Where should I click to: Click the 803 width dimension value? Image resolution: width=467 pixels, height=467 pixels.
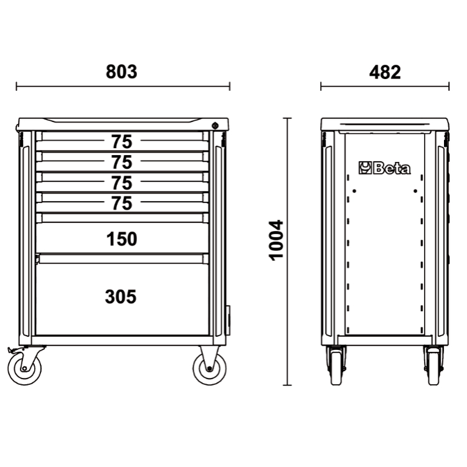tap(121, 72)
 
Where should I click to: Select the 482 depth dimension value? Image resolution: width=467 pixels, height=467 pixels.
tap(385, 72)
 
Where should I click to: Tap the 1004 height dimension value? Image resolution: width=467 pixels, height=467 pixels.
tap(276, 240)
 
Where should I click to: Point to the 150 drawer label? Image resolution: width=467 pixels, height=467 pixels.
tap(122, 239)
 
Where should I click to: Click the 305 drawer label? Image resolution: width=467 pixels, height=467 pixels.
tap(121, 296)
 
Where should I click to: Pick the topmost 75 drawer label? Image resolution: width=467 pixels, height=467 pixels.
tap(121, 142)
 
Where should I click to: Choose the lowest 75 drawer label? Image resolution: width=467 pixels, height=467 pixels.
tap(121, 204)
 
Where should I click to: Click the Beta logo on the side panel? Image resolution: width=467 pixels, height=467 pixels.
tap(385, 168)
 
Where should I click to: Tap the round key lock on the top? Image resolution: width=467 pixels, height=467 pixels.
tap(215, 126)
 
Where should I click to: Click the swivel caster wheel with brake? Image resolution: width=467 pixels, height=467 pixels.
tap(24, 369)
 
